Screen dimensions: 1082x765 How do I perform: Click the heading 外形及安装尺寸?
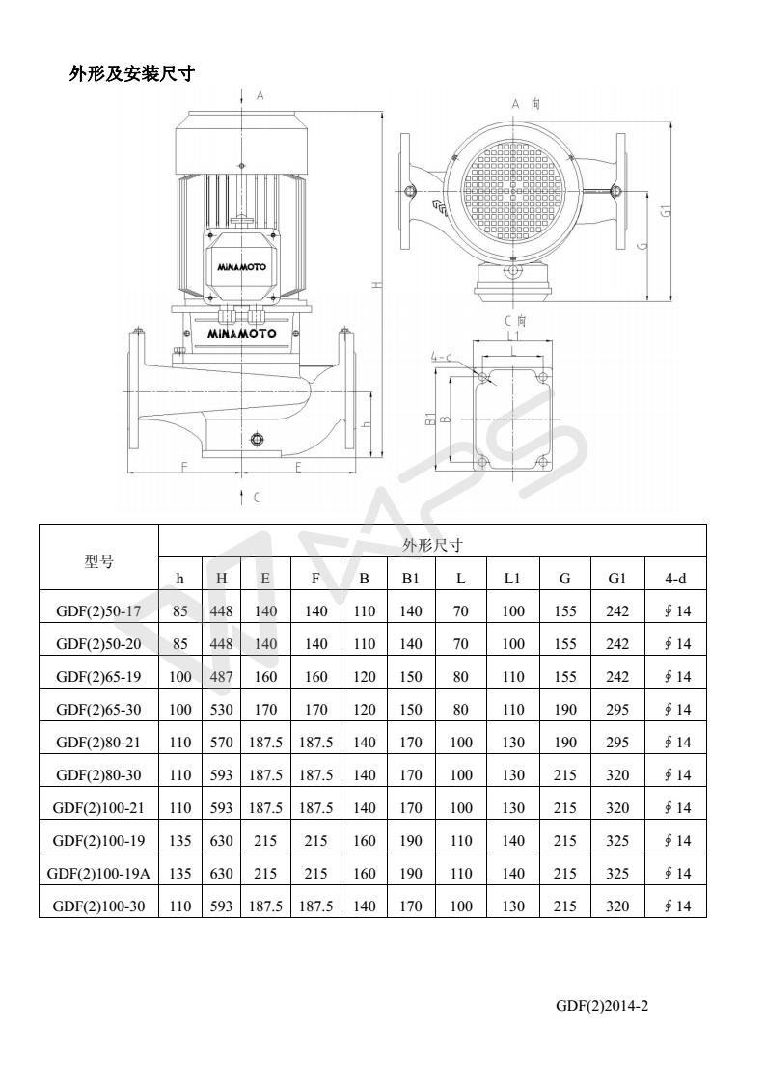pyautogui.click(x=132, y=73)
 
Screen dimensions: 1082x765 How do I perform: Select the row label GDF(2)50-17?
pyautogui.click(x=98, y=610)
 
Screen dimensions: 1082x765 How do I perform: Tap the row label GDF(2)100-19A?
pyautogui.click(x=98, y=873)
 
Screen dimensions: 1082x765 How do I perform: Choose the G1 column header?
pyautogui.click(x=617, y=579)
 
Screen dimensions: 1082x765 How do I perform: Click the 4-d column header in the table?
pyautogui.click(x=675, y=579)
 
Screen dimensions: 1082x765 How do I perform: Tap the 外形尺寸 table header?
pyautogui.click(x=432, y=546)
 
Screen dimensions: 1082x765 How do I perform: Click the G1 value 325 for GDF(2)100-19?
pyautogui.click(x=617, y=840)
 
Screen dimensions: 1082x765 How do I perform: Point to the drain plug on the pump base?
pyautogui.click(x=257, y=440)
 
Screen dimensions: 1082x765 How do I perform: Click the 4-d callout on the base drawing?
pyautogui.click(x=441, y=356)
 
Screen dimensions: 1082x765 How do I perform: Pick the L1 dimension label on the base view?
pyautogui.click(x=513, y=336)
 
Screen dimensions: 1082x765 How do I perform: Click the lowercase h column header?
pyautogui.click(x=179, y=579)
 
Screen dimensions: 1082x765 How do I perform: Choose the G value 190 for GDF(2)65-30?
pyautogui.click(x=565, y=709)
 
